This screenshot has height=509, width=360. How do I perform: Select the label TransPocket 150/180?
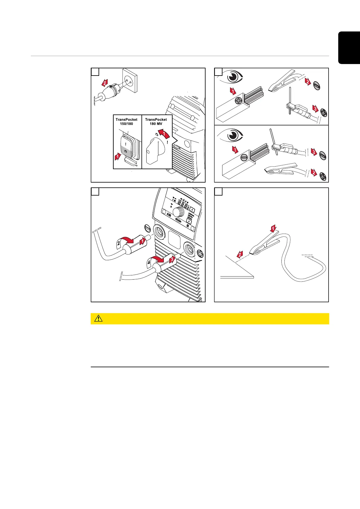(126, 122)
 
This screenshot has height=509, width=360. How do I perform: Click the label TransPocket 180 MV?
(156, 122)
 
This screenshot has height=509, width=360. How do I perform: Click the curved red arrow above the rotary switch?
(163, 133)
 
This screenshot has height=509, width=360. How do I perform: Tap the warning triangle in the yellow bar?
(98, 319)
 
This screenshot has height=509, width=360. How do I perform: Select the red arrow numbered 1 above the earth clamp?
(273, 229)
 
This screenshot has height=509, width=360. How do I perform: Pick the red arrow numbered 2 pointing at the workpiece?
(240, 255)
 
